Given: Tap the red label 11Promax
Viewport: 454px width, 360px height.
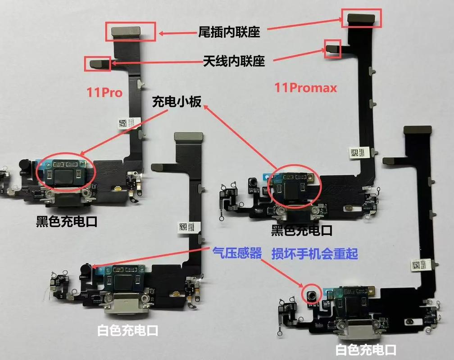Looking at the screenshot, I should [306, 88].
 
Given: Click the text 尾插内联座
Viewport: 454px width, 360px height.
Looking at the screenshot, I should [229, 32].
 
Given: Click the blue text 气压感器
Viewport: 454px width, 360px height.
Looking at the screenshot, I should [237, 253].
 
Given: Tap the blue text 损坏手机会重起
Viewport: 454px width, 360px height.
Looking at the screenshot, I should [315, 253].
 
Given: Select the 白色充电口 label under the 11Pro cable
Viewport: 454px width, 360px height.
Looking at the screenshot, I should [128, 331].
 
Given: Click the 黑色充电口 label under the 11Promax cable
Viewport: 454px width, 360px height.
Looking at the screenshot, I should [302, 231].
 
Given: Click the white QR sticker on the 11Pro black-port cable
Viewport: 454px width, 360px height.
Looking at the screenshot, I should [123, 123].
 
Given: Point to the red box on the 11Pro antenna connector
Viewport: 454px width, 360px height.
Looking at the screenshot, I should [98, 63].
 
